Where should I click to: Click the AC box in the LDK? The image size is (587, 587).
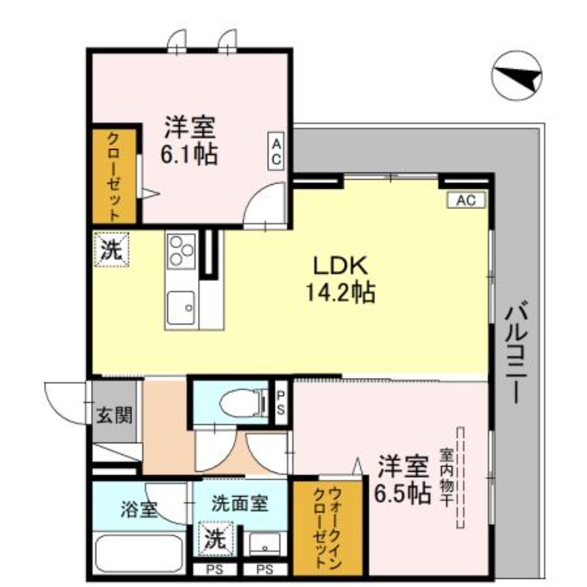point(466,200)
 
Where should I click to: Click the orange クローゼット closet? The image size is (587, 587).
point(114,175)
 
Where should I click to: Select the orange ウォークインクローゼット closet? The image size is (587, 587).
point(327,527)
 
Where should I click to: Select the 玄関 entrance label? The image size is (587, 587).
point(114,416)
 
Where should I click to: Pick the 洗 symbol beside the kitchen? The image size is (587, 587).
point(111,249)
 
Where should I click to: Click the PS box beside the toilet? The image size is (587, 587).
point(281,401)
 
